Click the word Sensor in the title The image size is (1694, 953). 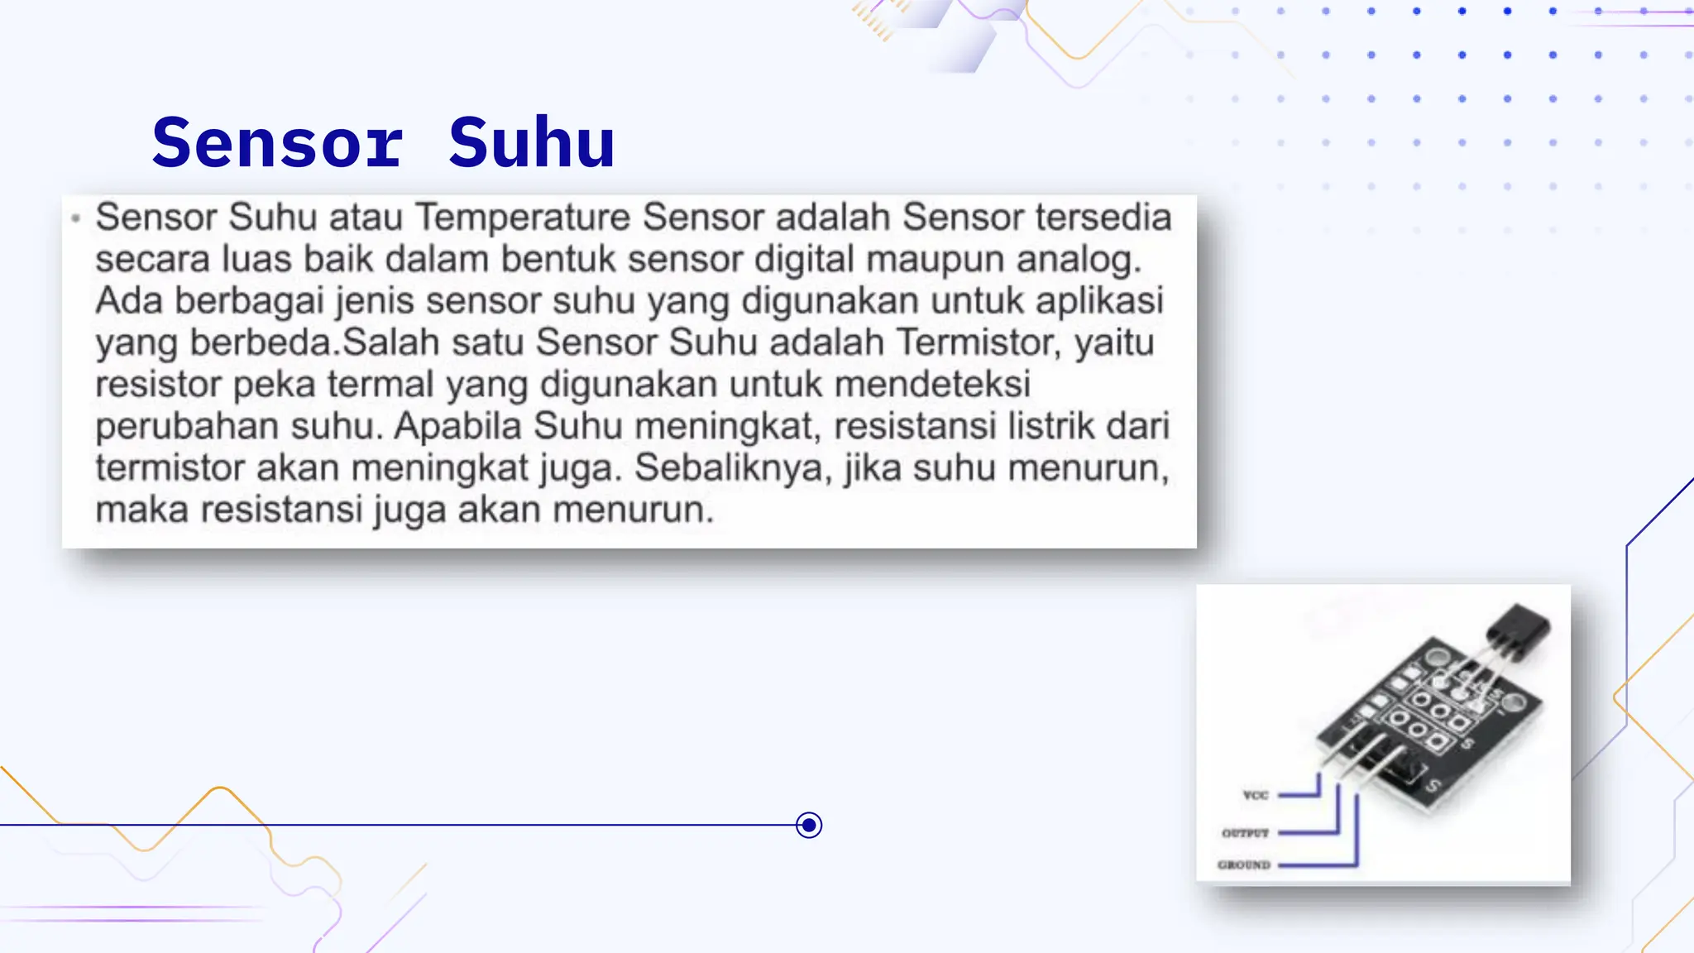[278, 142]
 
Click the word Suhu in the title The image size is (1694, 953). [532, 142]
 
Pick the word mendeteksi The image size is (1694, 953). [932, 384]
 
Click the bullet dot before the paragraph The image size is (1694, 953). [76, 218]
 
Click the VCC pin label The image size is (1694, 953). [1255, 795]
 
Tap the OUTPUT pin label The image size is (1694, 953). [1245, 833]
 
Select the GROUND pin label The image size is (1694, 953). [1243, 865]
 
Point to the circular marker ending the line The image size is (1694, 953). [809, 825]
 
